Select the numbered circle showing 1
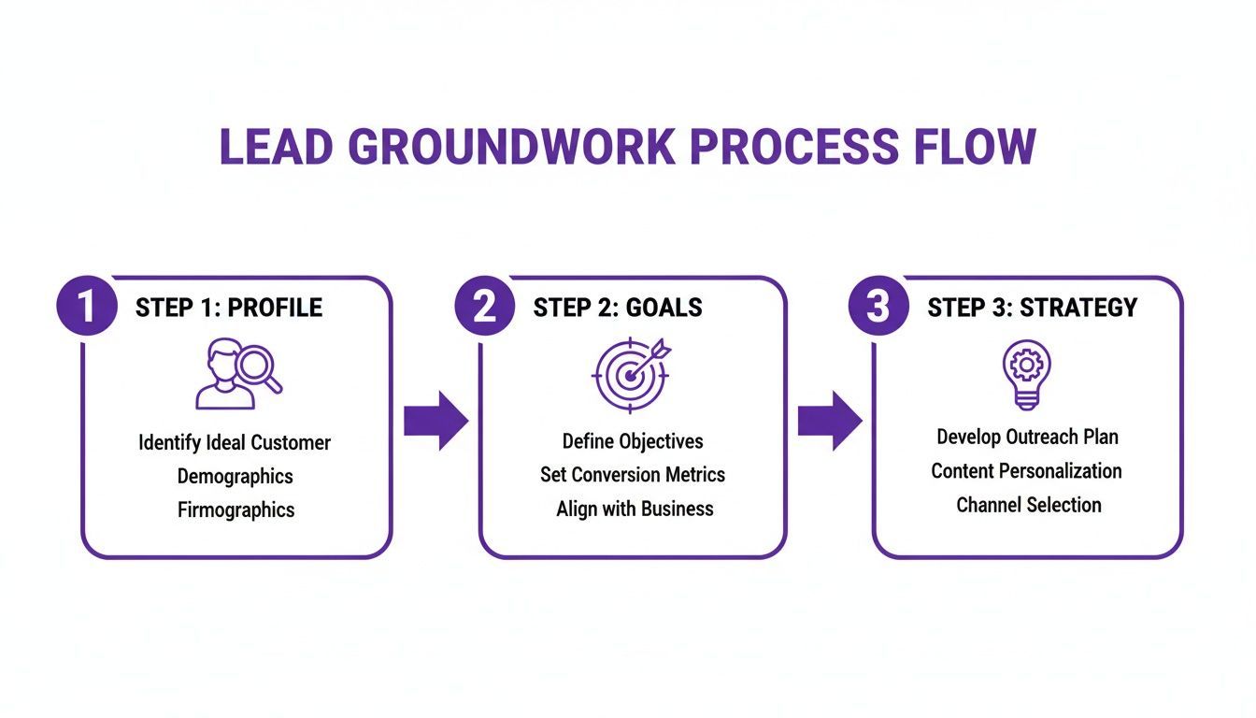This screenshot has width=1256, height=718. coord(87,306)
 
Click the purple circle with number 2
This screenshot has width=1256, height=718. coord(484,306)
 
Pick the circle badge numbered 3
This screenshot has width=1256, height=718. coord(878,306)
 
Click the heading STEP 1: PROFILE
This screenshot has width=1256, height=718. coord(229,308)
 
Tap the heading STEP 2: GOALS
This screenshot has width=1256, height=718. coord(618,308)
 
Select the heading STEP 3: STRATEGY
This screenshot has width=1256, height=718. coord(1032,308)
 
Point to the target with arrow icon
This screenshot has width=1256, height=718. coord(631,374)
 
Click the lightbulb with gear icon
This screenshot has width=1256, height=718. coord(1026,373)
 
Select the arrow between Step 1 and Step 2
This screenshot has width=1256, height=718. coord(435,421)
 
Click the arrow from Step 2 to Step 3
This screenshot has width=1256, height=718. coord(830,421)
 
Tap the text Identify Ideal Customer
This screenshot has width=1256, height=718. coord(235,442)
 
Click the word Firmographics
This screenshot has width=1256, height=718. coord(235,510)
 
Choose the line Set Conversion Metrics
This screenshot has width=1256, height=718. coord(633,475)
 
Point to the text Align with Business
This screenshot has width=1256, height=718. coord(635,509)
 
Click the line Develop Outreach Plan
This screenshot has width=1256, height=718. coord(1027,437)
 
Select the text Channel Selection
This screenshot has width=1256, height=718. coord(1028,505)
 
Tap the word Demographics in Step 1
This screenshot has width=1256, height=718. coord(235,476)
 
